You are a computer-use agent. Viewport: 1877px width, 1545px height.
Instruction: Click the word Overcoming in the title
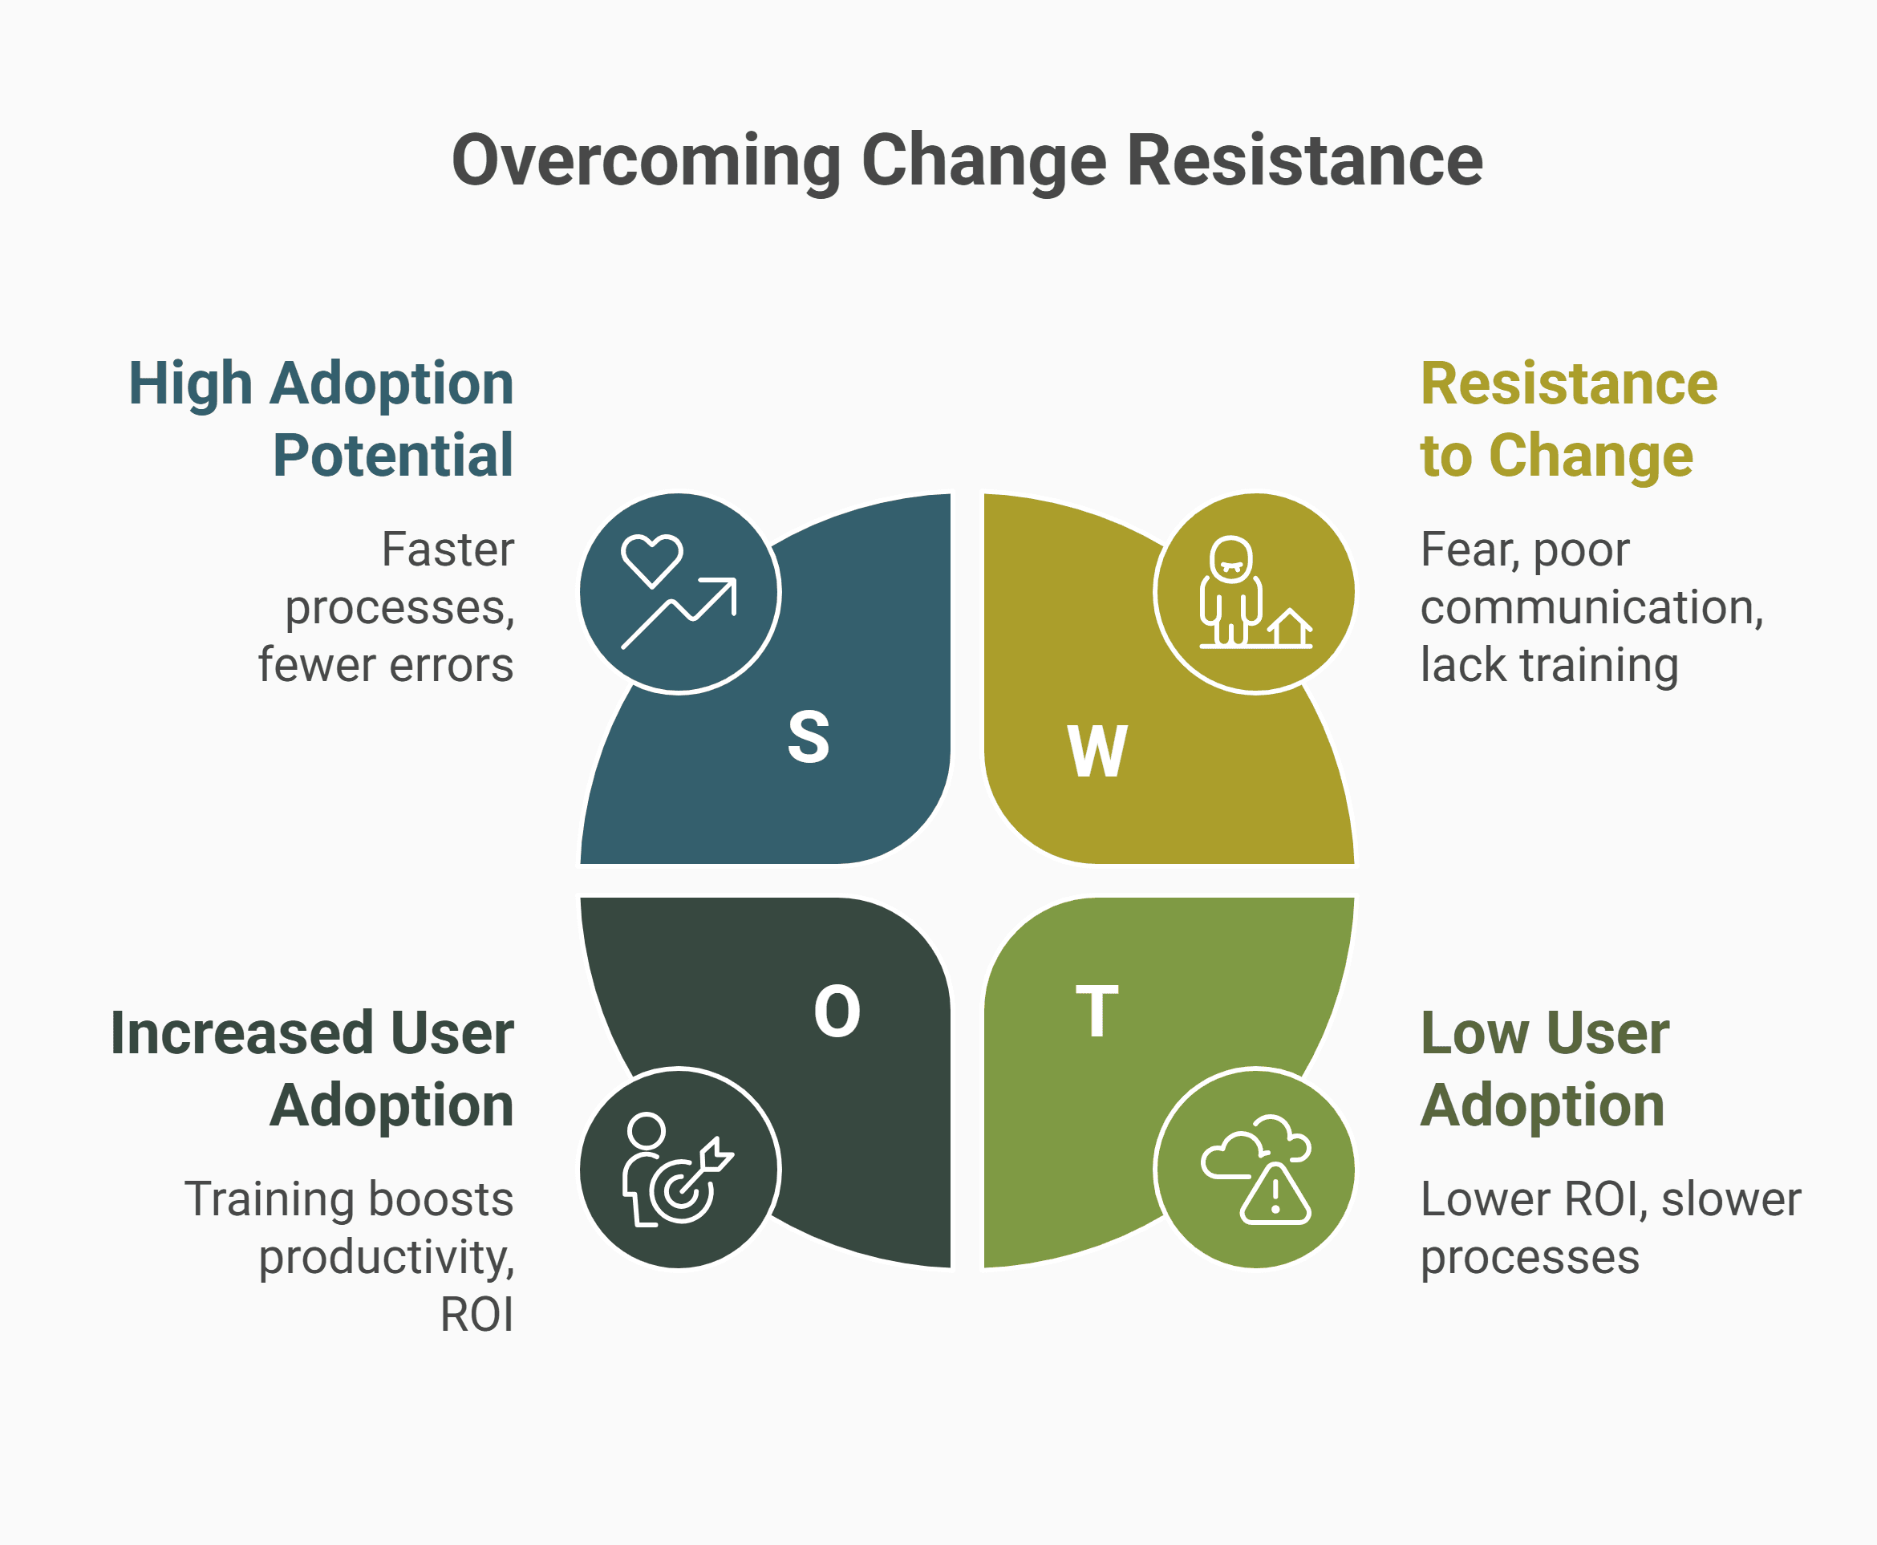tap(647, 162)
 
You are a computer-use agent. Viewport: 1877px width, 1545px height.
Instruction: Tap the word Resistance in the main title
tap(1305, 162)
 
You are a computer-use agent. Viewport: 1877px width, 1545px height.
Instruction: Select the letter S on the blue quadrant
tap(808, 737)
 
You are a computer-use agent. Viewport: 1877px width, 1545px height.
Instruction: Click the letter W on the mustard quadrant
tap(1097, 752)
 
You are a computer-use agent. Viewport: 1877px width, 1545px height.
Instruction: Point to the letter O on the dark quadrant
tap(837, 1012)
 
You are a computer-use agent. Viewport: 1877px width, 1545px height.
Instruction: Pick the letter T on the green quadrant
tap(1097, 1012)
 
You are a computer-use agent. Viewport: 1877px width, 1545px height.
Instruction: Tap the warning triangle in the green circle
tap(1275, 1195)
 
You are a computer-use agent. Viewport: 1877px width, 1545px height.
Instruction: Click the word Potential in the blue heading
tap(392, 456)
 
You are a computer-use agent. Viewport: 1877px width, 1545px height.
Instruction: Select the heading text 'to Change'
tap(1555, 456)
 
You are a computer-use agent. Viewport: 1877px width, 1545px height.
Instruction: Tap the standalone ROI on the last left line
tap(477, 1315)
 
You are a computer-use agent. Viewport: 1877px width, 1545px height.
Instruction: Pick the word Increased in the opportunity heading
tap(241, 1033)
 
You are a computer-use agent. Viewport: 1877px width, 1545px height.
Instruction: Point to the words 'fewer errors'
tap(385, 665)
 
